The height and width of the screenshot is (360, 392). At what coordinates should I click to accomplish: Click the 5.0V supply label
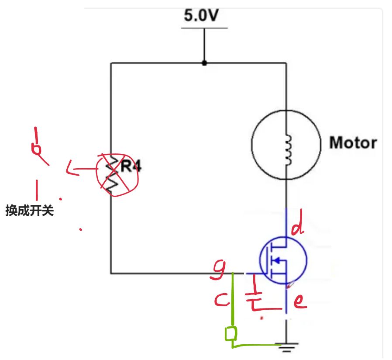(x=201, y=16)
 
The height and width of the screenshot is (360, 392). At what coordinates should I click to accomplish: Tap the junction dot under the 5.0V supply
(x=204, y=63)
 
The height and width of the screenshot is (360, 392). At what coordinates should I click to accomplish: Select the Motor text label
(x=353, y=142)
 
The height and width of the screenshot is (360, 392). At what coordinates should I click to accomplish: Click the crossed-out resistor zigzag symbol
(x=113, y=173)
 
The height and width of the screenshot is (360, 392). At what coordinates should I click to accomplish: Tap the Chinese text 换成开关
(x=29, y=211)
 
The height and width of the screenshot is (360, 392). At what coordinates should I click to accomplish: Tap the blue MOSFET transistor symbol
(x=282, y=260)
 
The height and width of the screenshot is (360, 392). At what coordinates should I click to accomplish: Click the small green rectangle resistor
(x=231, y=334)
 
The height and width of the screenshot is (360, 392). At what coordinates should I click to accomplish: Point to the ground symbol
(x=286, y=347)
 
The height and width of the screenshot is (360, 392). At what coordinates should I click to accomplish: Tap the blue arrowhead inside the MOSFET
(x=275, y=260)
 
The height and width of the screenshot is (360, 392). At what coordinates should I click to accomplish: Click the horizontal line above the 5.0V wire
(x=204, y=28)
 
